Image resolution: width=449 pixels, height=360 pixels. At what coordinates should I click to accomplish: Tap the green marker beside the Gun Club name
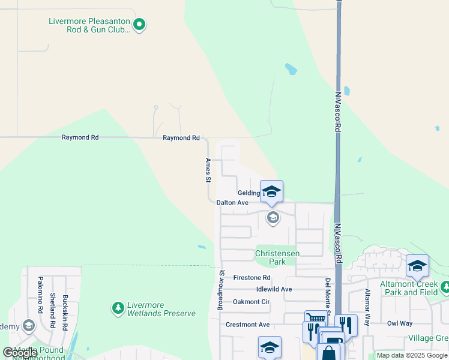coord(139,25)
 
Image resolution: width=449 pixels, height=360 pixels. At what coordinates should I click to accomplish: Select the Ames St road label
coord(208,170)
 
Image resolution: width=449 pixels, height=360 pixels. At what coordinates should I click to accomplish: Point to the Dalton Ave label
coord(232,203)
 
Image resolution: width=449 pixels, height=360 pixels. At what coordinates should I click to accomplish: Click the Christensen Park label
coord(277,257)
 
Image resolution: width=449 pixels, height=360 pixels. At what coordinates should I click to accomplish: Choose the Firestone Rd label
coord(252,278)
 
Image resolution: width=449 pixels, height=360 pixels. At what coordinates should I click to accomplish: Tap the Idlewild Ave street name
coord(274,289)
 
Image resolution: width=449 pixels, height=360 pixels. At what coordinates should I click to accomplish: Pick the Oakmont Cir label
coord(251,302)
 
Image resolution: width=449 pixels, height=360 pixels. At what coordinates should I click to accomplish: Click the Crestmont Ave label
coord(247,325)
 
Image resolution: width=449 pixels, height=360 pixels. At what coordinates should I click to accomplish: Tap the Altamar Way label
coord(367,307)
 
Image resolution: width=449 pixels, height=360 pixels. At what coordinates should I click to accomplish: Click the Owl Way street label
coord(400,323)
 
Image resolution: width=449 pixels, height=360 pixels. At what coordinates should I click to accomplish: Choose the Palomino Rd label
coord(40,295)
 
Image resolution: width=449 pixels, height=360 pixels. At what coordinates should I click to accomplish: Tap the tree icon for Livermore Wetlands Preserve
coord(118,308)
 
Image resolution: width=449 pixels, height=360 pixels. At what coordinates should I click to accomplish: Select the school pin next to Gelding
coord(271,191)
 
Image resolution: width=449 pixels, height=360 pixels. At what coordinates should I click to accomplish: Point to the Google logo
coord(20,353)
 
